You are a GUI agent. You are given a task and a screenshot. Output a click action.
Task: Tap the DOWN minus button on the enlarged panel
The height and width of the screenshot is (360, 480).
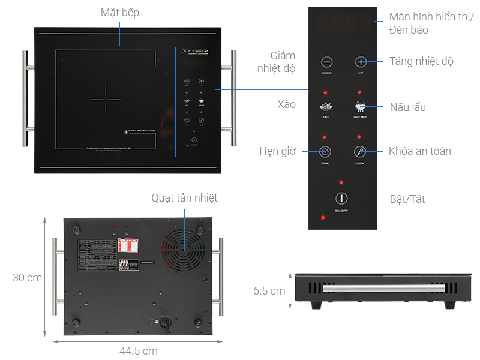tap(326, 61)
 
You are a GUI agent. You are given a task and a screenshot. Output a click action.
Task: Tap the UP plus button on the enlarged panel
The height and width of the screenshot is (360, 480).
tap(360, 61)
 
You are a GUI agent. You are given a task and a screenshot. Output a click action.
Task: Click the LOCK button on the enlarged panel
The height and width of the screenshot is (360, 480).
tap(360, 152)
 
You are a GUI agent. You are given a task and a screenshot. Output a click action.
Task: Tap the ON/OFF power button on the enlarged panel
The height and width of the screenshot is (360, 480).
tap(341, 198)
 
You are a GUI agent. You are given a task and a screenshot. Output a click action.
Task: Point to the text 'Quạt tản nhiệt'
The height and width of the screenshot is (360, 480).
tap(184, 197)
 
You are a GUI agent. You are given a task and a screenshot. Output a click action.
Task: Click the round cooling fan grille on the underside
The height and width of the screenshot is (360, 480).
tap(182, 250)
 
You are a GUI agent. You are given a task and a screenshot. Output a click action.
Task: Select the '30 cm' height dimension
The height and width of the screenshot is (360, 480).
tap(28, 278)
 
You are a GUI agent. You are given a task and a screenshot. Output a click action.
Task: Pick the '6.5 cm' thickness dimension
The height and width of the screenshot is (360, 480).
tap(269, 291)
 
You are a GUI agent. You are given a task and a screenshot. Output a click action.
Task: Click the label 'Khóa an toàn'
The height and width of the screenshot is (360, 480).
tap(419, 151)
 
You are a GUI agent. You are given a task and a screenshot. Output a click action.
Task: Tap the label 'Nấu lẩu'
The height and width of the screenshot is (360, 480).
tap(407, 107)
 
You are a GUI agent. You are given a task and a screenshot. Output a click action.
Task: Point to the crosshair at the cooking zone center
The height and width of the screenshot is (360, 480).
tap(106, 100)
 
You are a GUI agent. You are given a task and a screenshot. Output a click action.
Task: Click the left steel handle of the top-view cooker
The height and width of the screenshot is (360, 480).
tap(26, 99)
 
